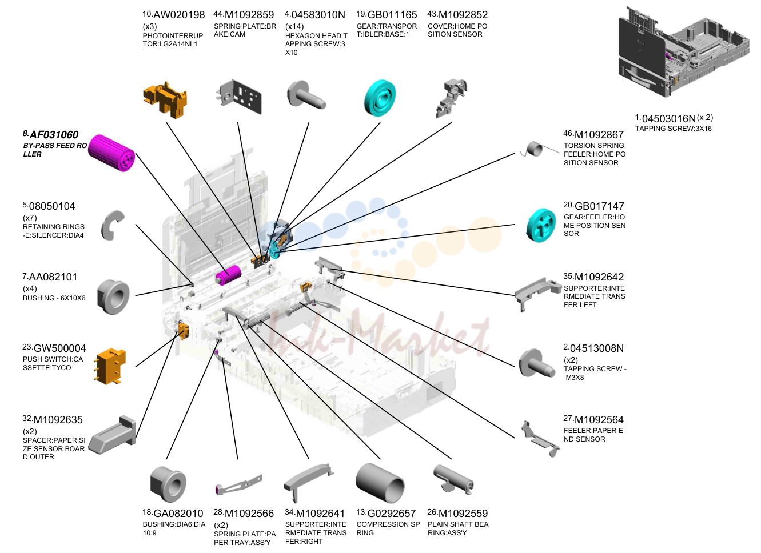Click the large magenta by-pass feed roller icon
pyautogui.click(x=111, y=153)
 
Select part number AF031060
pyautogui.click(x=54, y=135)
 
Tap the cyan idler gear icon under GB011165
pyautogui.click(x=380, y=98)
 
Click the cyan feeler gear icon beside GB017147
pyautogui.click(x=541, y=225)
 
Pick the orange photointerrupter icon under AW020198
pyautogui.click(x=165, y=100)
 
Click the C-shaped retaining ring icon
pyautogui.click(x=112, y=226)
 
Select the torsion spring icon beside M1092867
pyautogui.click(x=539, y=149)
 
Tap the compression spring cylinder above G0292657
pyautogui.click(x=380, y=483)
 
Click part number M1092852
pyautogui.click(x=463, y=15)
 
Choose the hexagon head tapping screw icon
pyautogui.click(x=306, y=95)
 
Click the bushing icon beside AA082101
pyautogui.click(x=113, y=297)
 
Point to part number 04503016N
pyautogui.click(x=669, y=119)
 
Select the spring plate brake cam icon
pyautogui.click(x=239, y=97)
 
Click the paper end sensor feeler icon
pyautogui.click(x=540, y=439)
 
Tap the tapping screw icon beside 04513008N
pyautogui.click(x=537, y=363)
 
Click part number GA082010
pyautogui.click(x=178, y=514)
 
